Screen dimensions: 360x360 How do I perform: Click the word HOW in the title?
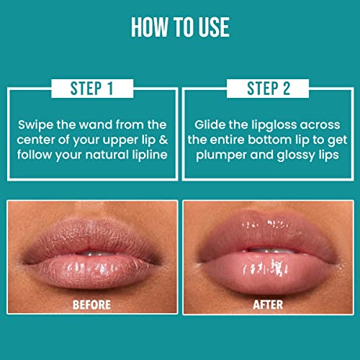point(149,27)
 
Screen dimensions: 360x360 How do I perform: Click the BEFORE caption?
point(91,305)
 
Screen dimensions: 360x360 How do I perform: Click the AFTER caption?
point(267,305)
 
